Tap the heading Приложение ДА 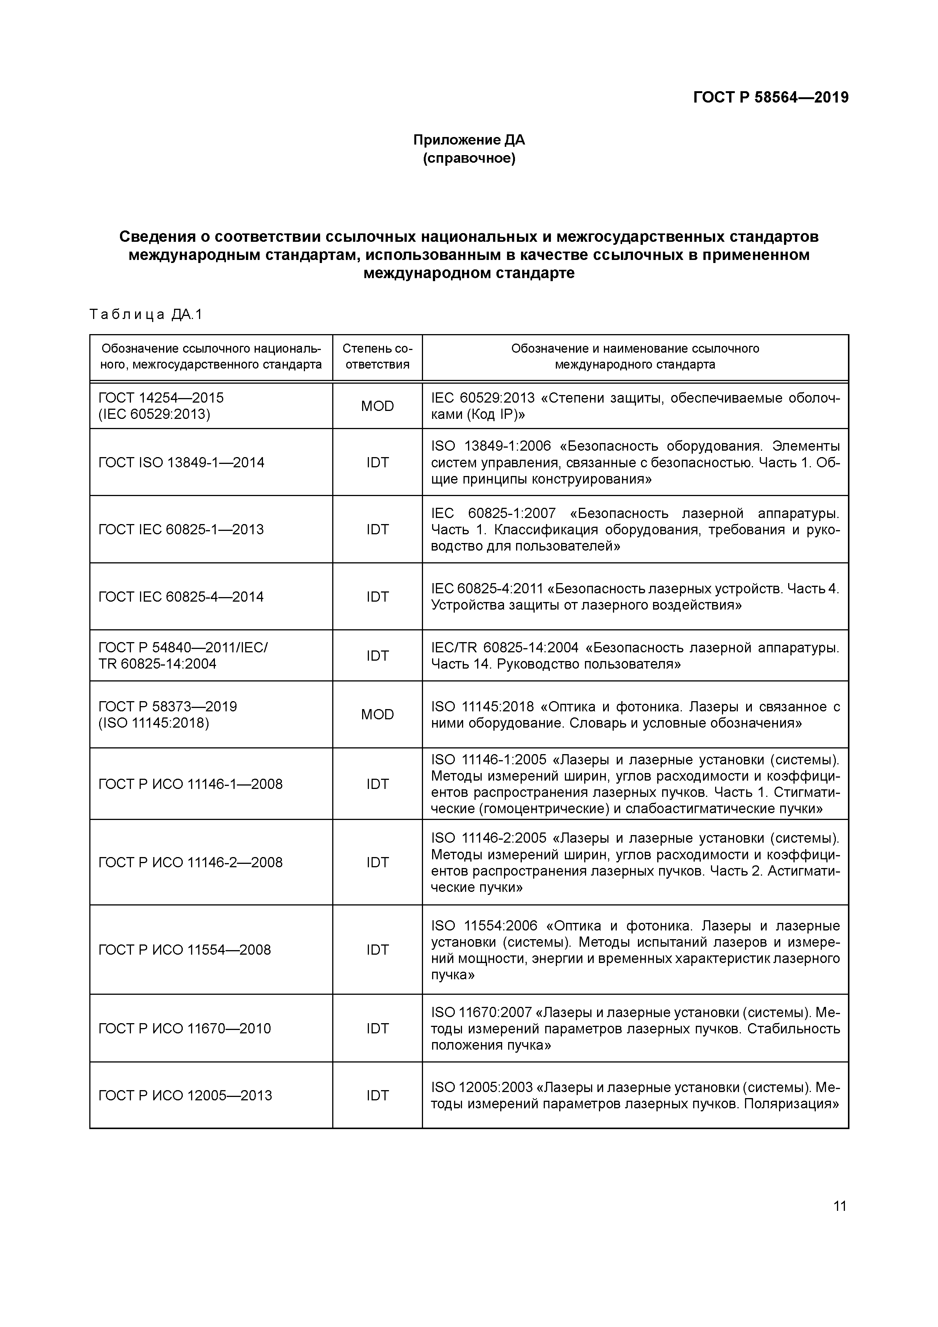(x=469, y=140)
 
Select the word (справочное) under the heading (x=469, y=158)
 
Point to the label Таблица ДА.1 (x=146, y=314)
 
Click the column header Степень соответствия (x=377, y=356)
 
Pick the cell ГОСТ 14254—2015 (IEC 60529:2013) (x=161, y=406)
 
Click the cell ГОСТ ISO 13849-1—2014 (x=182, y=462)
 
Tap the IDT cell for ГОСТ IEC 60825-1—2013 (x=377, y=529)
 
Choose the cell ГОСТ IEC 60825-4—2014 (x=182, y=596)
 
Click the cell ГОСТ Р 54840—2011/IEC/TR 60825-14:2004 (x=183, y=655)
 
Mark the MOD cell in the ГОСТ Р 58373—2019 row (x=377, y=714)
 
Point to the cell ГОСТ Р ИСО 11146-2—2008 (x=191, y=862)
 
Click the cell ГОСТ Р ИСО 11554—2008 (x=185, y=950)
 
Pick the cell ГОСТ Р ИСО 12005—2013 (x=185, y=1095)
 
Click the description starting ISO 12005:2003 (x=635, y=1095)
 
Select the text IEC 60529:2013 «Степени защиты (x=635, y=406)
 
